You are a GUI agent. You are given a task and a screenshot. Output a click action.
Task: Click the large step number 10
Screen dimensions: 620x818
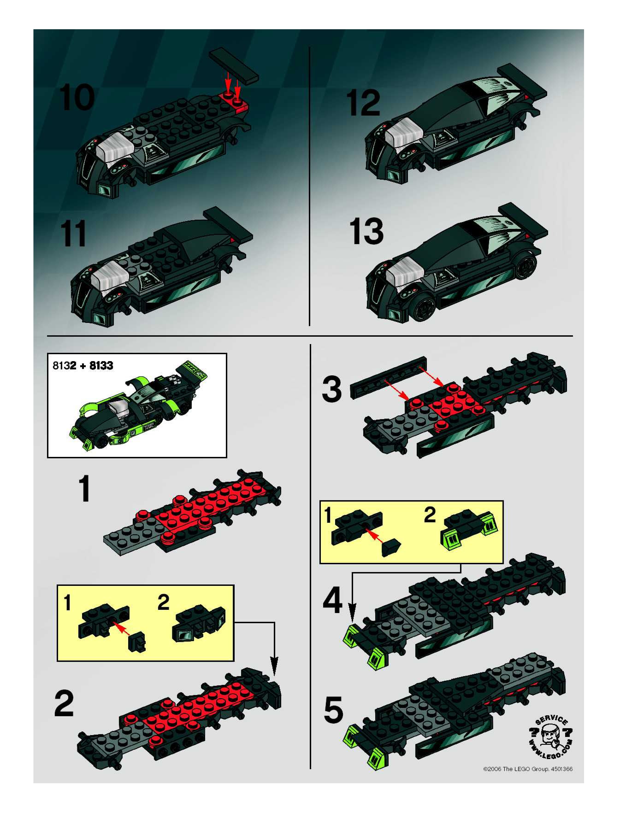click(x=77, y=97)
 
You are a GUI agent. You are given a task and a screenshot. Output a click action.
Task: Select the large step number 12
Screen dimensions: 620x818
click(x=363, y=103)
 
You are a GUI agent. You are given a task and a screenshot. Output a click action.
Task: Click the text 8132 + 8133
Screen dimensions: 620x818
click(x=83, y=366)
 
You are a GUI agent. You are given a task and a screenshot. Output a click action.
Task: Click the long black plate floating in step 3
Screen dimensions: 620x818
click(x=388, y=378)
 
